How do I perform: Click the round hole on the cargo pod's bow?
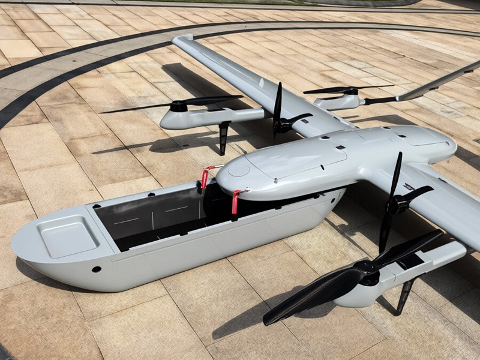coord(96,269)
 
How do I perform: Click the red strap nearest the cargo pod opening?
coord(236,200)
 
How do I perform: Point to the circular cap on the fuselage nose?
coord(239,170)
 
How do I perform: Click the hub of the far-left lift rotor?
coord(179,106)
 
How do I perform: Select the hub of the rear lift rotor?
coord(347,92)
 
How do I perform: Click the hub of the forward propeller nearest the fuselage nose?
coord(280,125)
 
